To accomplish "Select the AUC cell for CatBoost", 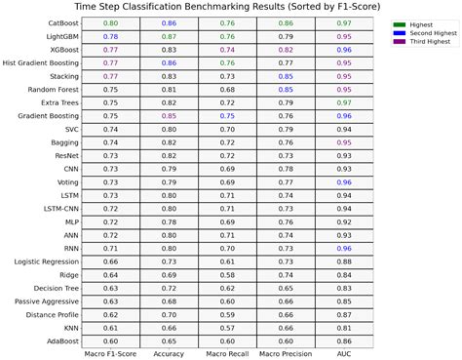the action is [x=344, y=21].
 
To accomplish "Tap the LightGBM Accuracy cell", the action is [x=169, y=35].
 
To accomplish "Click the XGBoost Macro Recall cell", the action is [x=227, y=49].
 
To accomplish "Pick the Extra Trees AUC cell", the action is [x=344, y=101].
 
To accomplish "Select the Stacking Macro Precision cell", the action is [x=286, y=75].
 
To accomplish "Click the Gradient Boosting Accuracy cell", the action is [x=169, y=115].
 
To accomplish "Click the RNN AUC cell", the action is [x=344, y=248].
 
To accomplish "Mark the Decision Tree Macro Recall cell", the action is [x=227, y=289].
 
